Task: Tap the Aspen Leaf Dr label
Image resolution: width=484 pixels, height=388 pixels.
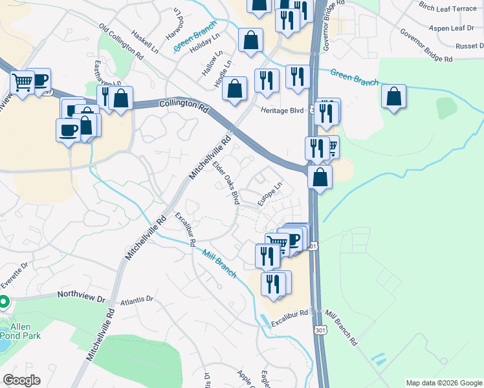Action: point(449,28)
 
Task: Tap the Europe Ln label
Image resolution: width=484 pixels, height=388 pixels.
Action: point(270,193)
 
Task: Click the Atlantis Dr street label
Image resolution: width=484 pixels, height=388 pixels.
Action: point(136,300)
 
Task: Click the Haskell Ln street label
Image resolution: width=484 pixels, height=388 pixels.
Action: point(144,40)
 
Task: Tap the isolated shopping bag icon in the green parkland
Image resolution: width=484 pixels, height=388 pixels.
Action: point(393,96)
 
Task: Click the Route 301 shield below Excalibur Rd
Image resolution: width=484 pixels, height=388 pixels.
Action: point(319,330)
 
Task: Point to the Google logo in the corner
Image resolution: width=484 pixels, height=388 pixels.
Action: point(21,380)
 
